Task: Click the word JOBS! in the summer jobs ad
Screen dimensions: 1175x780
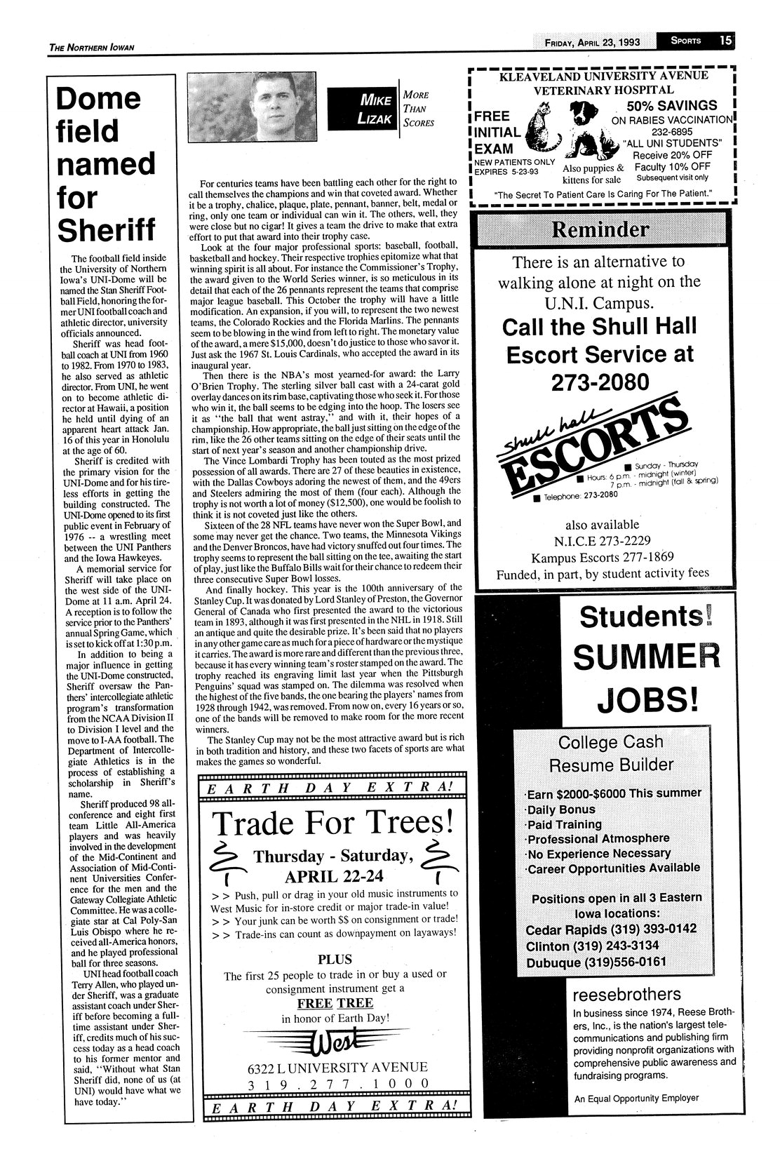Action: click(x=647, y=699)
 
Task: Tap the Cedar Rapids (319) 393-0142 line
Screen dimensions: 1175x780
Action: click(x=611, y=929)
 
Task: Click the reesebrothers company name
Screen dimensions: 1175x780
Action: click(x=627, y=994)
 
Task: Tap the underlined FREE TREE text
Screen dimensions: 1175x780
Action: click(x=335, y=1003)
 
